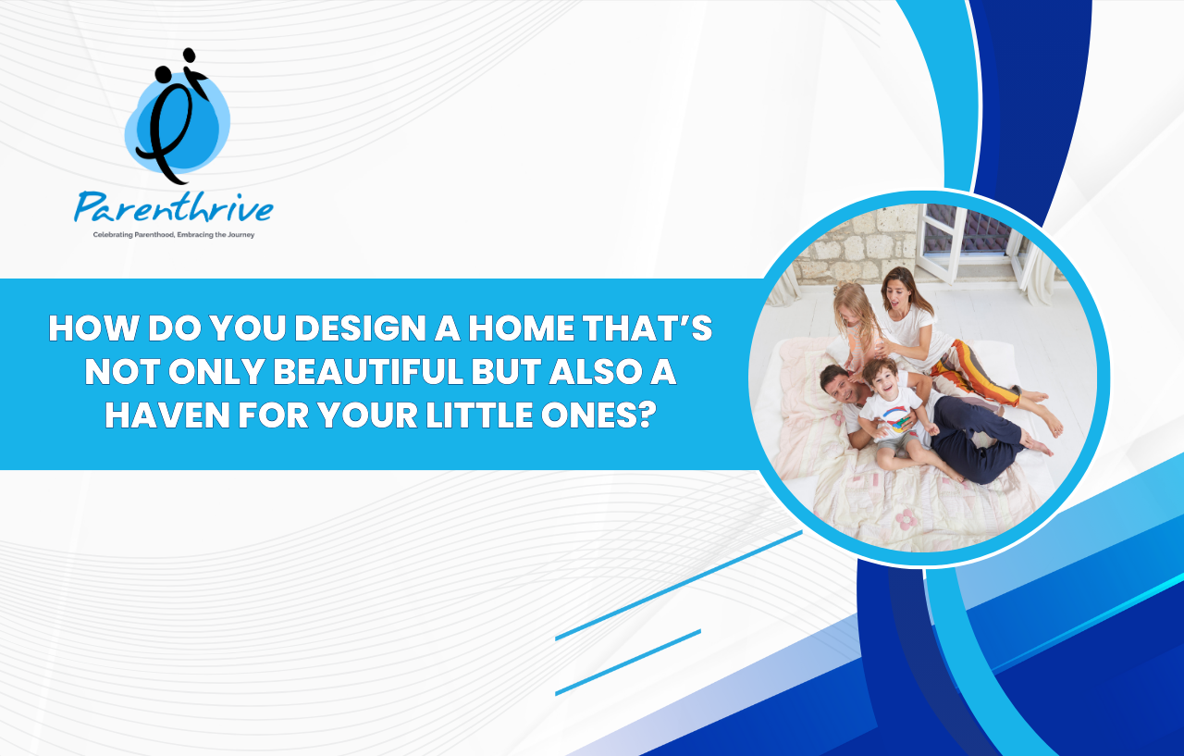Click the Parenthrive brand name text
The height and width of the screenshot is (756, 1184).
pyautogui.click(x=173, y=208)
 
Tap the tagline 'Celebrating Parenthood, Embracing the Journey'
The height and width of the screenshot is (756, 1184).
pyautogui.click(x=173, y=235)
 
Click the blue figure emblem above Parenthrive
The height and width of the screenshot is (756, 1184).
pyautogui.click(x=177, y=117)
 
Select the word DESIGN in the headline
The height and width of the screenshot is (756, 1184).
pyautogui.click(x=360, y=328)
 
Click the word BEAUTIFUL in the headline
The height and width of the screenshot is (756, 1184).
pyautogui.click(x=368, y=372)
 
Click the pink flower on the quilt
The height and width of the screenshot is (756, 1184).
pyautogui.click(x=906, y=520)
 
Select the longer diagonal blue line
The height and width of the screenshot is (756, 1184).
pyautogui.click(x=679, y=586)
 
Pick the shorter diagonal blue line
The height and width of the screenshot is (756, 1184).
pyautogui.click(x=628, y=663)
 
